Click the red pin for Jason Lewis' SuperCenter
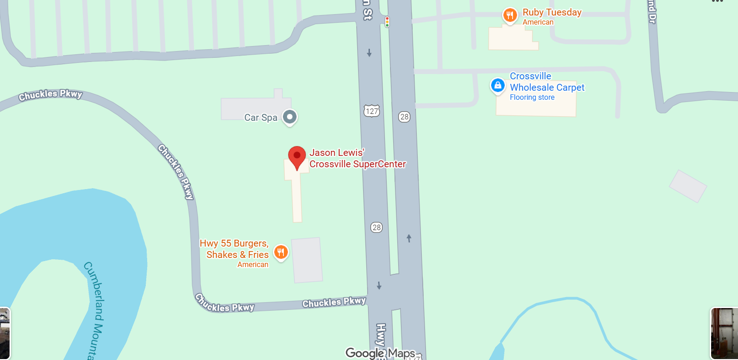tap(297, 156)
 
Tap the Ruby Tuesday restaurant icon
tap(510, 15)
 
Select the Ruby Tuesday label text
tap(552, 12)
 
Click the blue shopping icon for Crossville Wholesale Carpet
tap(497, 85)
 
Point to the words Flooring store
tap(532, 98)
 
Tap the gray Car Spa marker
tap(290, 117)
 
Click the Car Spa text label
tap(261, 118)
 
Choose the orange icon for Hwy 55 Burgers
tap(281, 252)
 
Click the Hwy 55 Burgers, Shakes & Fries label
tap(234, 249)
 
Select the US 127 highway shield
tap(372, 111)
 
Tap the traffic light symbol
tap(387, 22)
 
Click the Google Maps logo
tap(380, 353)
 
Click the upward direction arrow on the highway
tap(409, 238)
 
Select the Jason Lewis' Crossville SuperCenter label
tap(357, 158)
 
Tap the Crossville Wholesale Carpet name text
tap(547, 82)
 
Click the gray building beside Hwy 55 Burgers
tap(307, 260)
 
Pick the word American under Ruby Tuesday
tap(538, 22)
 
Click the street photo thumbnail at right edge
tap(724, 333)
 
